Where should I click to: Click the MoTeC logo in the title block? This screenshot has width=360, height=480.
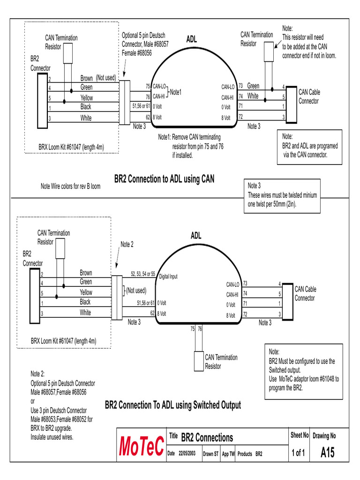tap(142, 447)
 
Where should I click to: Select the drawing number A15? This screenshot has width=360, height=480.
tap(328, 453)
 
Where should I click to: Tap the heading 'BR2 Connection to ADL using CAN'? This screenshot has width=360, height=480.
tap(164, 179)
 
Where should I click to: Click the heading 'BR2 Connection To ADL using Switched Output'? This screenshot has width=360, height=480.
tap(172, 405)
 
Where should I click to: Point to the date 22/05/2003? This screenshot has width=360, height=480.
tap(187, 454)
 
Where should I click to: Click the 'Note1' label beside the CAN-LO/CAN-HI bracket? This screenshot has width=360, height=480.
tap(176, 91)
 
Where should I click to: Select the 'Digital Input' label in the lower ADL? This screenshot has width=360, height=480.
tap(168, 277)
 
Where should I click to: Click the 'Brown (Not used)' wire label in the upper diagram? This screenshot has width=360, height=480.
tap(97, 78)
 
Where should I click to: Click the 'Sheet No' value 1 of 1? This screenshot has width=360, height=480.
tap(298, 453)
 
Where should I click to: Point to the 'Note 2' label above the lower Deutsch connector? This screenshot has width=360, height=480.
tap(127, 245)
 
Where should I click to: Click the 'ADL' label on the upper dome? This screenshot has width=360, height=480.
tap(191, 39)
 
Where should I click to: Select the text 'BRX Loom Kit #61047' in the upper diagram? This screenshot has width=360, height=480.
tap(71, 147)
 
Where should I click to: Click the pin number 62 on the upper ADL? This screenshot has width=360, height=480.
tap(148, 117)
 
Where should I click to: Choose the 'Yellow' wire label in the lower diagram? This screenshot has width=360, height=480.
tap(86, 292)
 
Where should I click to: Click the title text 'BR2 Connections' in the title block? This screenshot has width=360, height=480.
tap(207, 438)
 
